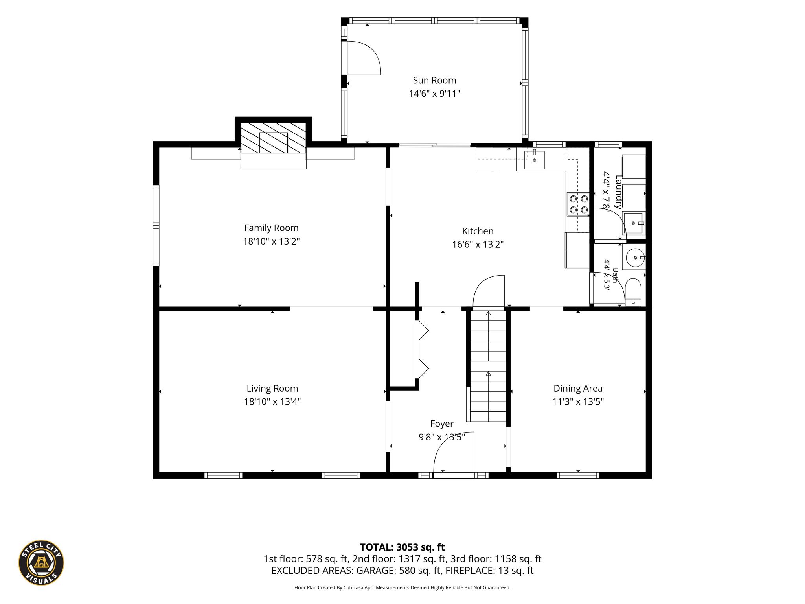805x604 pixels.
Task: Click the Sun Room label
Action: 434,81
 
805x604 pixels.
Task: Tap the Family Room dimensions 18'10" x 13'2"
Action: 271,241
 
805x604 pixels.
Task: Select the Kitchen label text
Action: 478,231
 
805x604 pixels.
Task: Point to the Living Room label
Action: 272,389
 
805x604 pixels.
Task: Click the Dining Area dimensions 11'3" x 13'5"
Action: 578,401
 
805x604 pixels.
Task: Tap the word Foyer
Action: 442,424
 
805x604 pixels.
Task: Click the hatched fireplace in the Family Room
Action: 273,138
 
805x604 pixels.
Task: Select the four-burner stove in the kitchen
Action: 578,204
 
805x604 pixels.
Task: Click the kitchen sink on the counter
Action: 534,160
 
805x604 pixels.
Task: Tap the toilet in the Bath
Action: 633,292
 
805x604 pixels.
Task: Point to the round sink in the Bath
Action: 634,257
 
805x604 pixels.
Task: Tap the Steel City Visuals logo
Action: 41,562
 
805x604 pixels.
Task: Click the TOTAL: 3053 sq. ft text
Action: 402,547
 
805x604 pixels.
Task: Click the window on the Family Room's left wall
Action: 156,225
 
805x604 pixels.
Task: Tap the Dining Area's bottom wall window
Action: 578,475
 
